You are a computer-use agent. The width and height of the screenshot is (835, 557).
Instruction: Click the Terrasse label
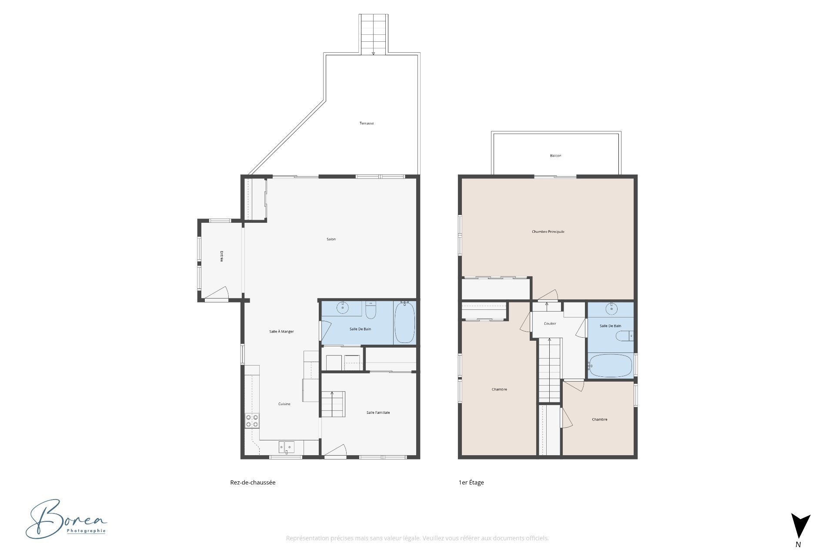click(x=367, y=124)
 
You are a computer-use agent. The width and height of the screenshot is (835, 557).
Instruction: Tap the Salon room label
click(x=331, y=239)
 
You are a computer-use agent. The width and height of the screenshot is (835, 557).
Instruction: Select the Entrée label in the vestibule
click(x=221, y=256)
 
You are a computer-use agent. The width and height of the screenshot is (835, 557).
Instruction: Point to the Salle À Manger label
click(x=281, y=332)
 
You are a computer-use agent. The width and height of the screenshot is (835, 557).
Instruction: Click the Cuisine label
click(x=284, y=404)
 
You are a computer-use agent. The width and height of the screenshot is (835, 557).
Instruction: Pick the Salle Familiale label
click(x=378, y=413)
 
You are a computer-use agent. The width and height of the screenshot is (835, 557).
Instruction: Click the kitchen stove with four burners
click(x=252, y=421)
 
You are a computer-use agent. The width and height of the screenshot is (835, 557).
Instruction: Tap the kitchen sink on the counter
click(x=287, y=447)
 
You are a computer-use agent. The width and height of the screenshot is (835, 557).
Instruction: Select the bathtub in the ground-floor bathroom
click(x=404, y=322)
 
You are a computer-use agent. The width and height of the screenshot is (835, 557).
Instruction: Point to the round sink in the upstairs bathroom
click(x=612, y=309)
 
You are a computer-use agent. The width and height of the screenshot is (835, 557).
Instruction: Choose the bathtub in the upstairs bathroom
click(x=610, y=366)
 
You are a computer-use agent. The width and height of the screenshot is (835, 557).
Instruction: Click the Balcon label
click(x=555, y=156)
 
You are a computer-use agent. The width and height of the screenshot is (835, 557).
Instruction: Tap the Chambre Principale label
click(x=548, y=232)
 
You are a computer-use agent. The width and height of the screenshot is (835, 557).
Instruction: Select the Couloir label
click(x=550, y=324)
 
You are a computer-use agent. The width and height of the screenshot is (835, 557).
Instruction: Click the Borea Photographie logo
click(x=66, y=519)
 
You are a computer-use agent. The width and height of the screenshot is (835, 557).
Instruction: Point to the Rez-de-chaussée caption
click(x=253, y=483)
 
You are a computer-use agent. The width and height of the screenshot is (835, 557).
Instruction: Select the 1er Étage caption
click(x=471, y=483)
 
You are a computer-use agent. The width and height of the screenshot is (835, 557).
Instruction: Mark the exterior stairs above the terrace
click(x=374, y=34)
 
